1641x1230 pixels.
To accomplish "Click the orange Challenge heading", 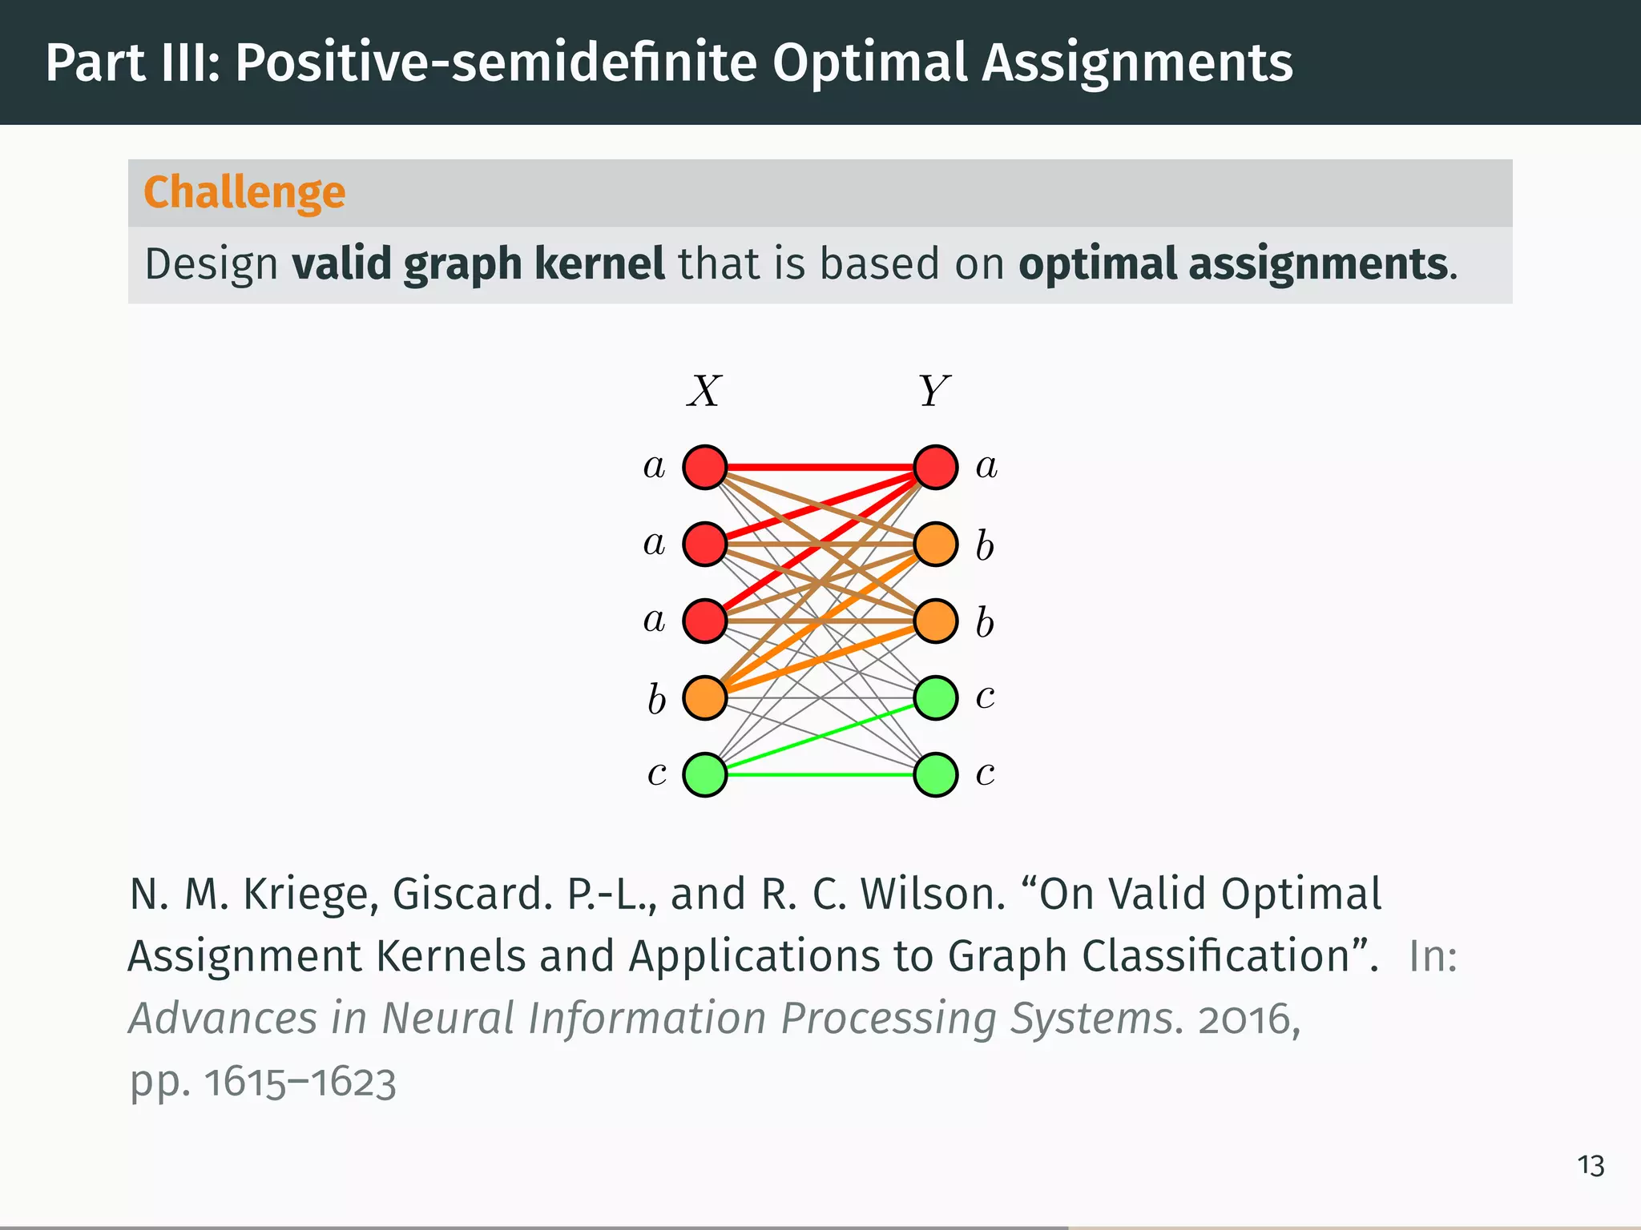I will click(x=244, y=192).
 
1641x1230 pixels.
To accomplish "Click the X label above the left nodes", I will click(x=704, y=392).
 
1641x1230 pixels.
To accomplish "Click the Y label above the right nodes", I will click(x=933, y=392).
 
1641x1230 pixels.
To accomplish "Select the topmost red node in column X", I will click(x=705, y=467).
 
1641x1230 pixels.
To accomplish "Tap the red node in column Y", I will click(x=936, y=467).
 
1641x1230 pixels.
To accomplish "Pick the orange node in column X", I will click(x=705, y=697).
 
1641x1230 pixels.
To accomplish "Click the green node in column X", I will click(x=705, y=774).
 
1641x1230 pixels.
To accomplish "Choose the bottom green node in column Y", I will click(x=936, y=774).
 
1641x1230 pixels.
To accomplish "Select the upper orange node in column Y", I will click(x=936, y=544).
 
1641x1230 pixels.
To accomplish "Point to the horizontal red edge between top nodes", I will click(x=820, y=467).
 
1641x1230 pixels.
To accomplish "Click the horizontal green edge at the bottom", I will click(x=820, y=774).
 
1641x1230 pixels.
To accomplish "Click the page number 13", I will click(x=1591, y=1166).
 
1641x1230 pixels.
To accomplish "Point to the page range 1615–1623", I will click(x=300, y=1083).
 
